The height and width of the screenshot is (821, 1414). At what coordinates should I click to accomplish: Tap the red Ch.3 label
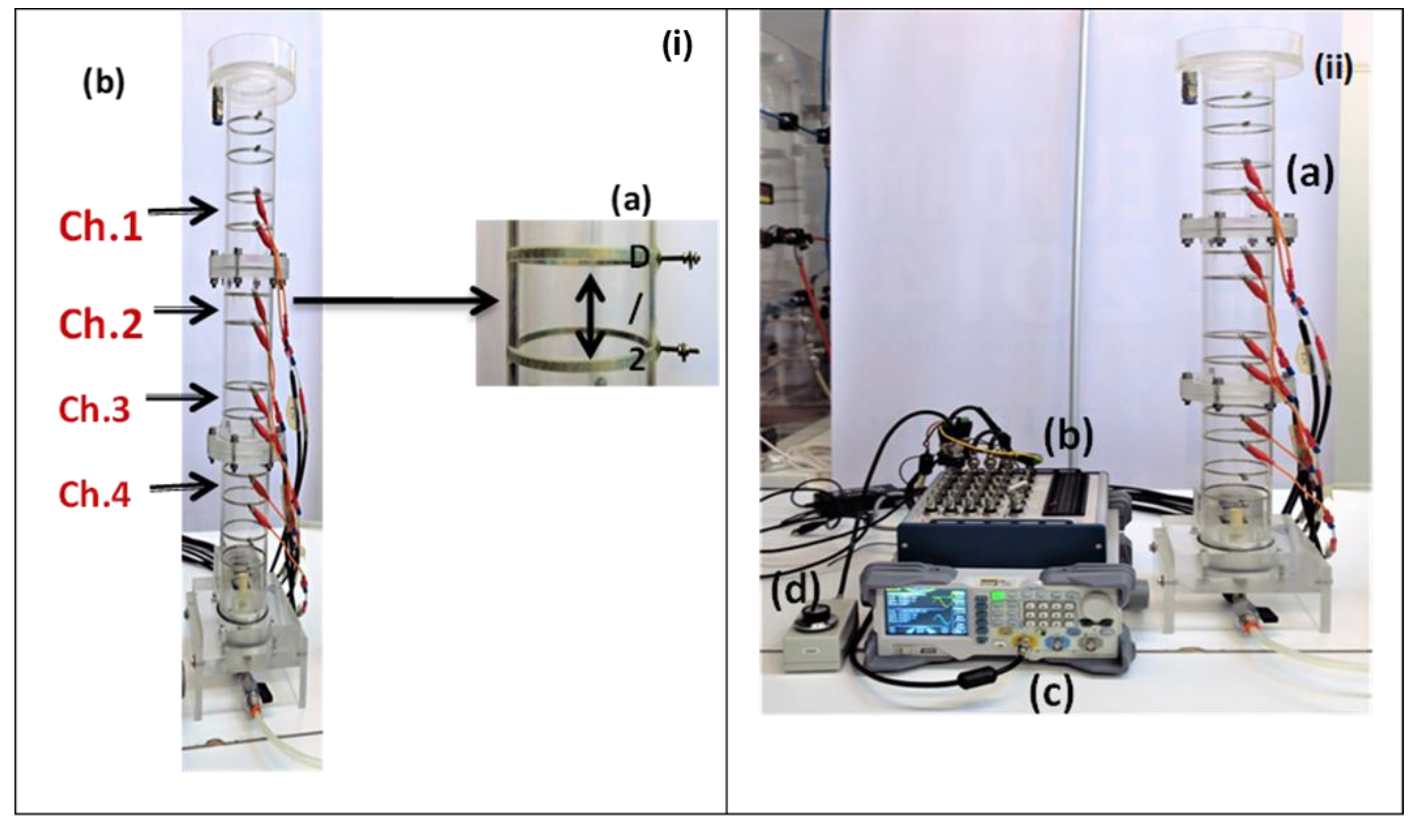94,409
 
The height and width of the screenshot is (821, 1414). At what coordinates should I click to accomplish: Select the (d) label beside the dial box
796,591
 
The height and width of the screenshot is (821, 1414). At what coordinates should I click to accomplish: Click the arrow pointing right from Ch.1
183,211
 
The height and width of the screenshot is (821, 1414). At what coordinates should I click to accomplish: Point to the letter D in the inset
639,258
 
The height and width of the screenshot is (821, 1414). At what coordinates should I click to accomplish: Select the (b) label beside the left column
104,84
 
